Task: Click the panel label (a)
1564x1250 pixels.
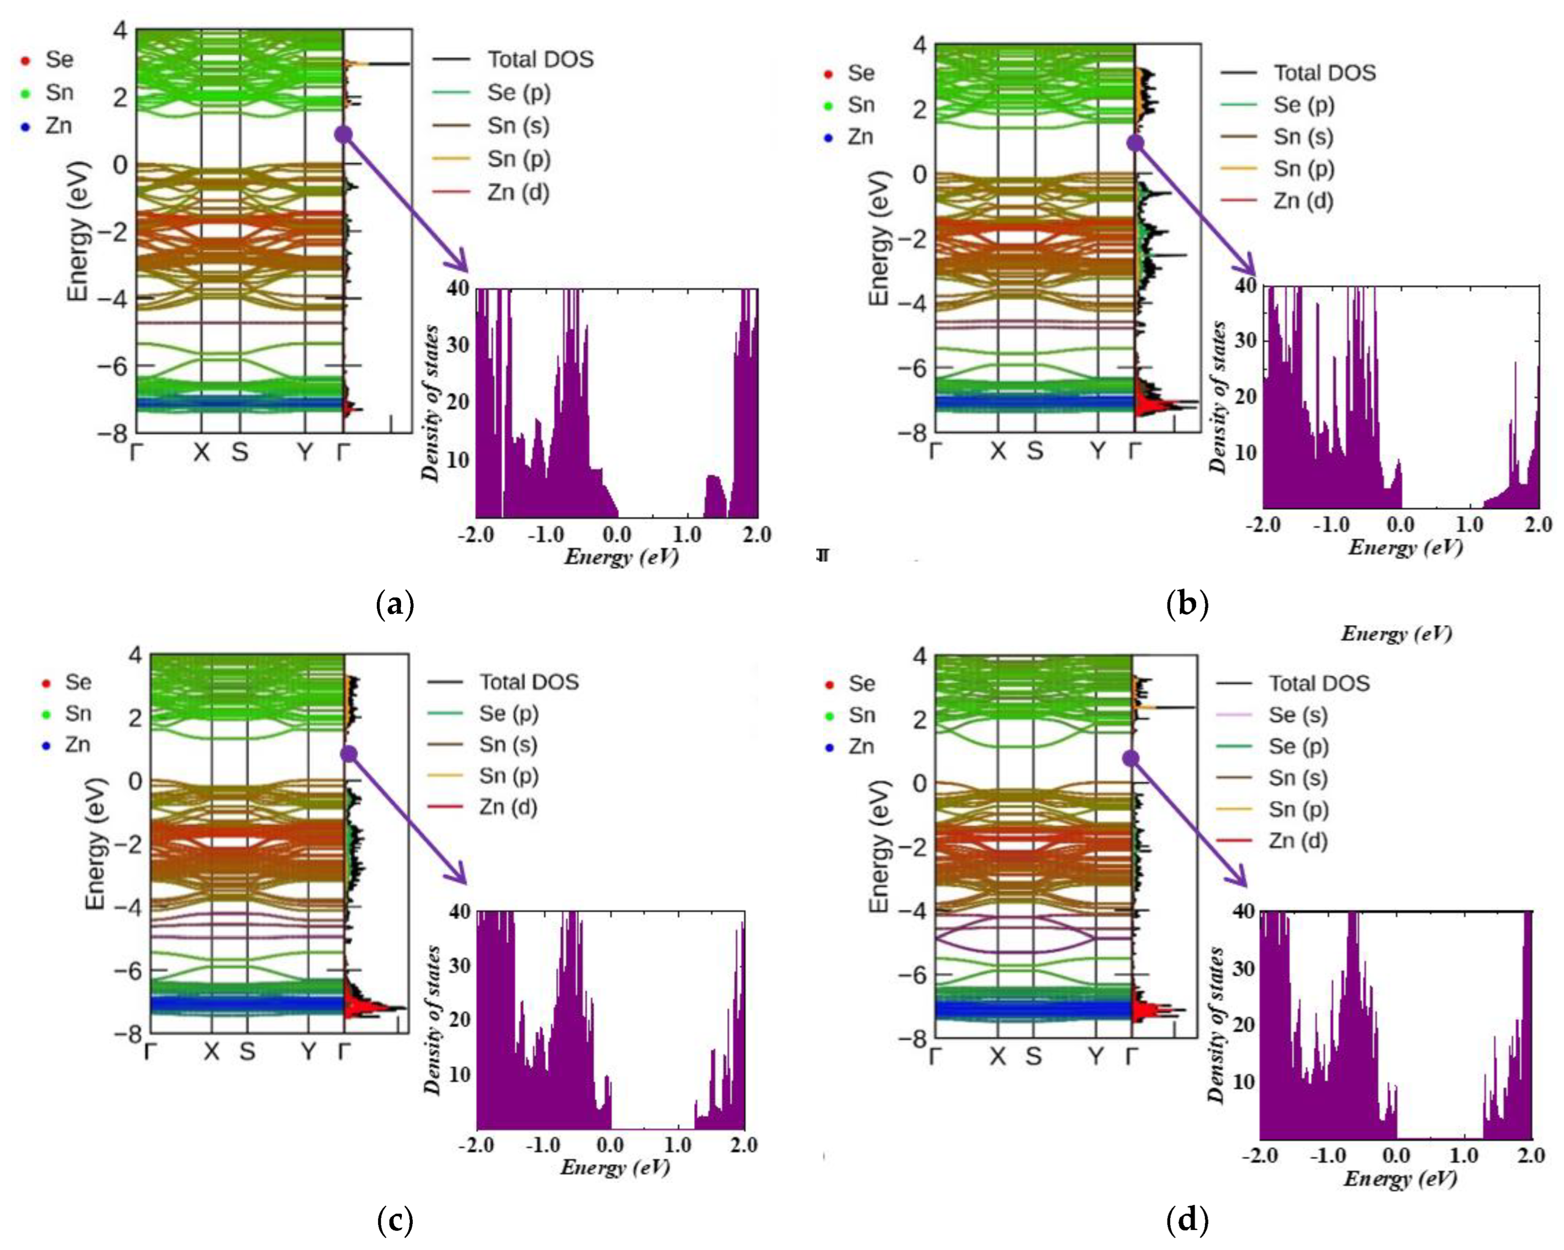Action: [x=395, y=604]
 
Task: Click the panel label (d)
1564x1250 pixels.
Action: [x=1187, y=1220]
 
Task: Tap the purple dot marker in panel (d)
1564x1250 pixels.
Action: [x=1130, y=759]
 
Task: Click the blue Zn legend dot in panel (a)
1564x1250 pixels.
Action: [x=26, y=127]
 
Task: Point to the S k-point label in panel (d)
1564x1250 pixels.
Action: [x=1034, y=1057]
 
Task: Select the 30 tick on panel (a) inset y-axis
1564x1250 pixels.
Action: [x=458, y=345]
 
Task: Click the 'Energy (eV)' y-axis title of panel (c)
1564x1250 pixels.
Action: [x=96, y=845]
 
